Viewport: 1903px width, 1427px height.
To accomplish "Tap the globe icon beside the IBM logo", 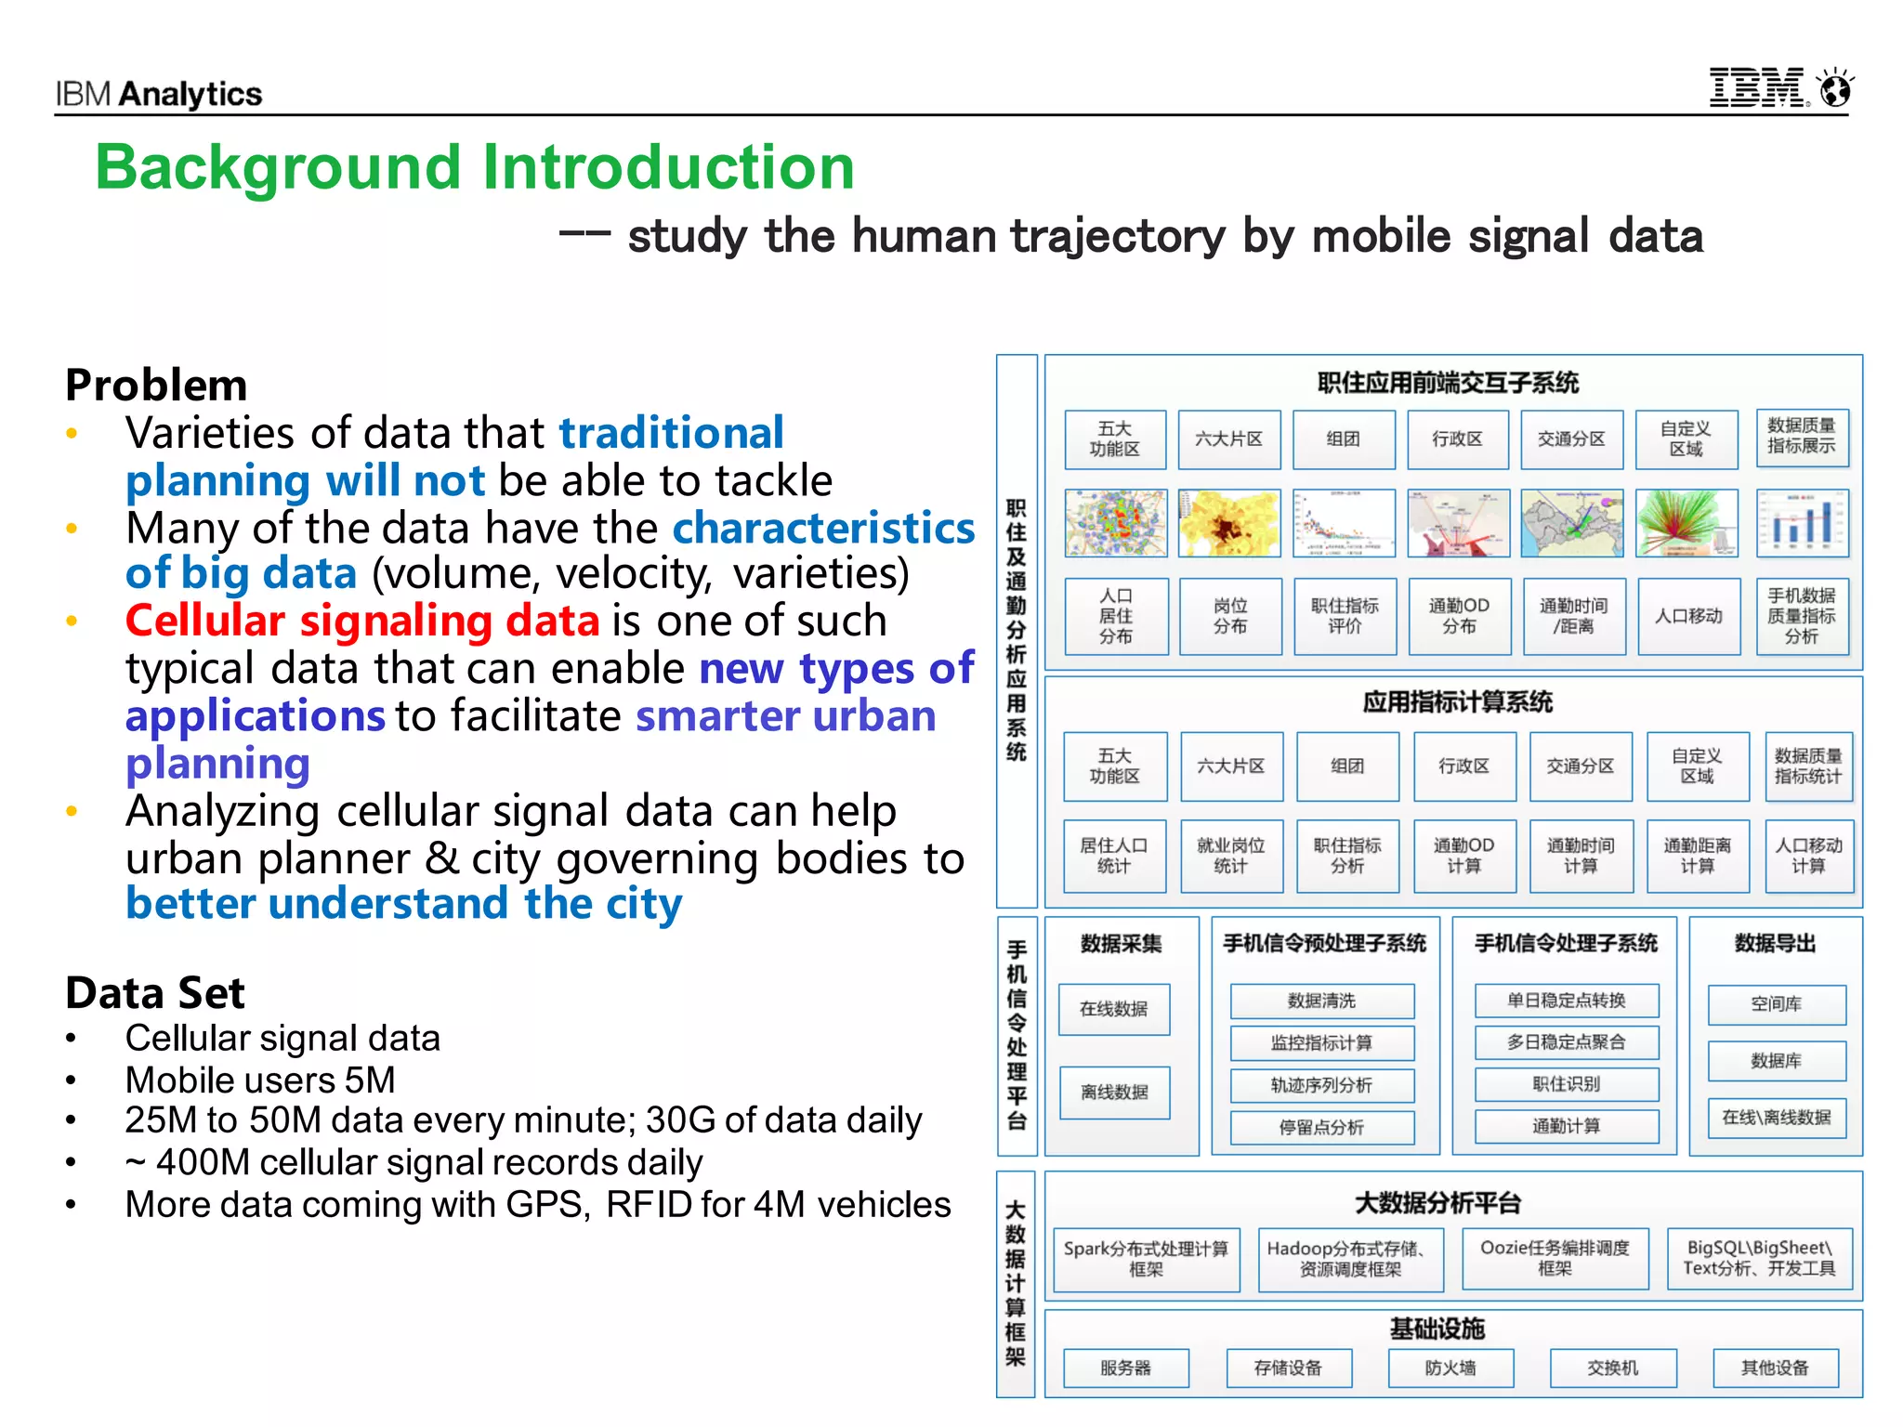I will tap(1836, 89).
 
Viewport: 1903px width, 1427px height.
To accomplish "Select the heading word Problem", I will tap(156, 385).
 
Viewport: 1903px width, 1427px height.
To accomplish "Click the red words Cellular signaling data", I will tap(362, 621).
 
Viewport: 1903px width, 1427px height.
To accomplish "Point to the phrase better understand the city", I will tap(404, 904).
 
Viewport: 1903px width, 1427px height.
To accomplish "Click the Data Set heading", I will tap(155, 993).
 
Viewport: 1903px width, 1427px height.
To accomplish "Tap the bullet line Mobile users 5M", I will tap(260, 1080).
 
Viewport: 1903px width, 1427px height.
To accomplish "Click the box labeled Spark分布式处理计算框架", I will tap(1146, 1259).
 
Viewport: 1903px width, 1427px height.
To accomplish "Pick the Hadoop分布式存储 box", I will tap(1350, 1259).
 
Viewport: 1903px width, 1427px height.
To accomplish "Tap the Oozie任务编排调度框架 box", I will tap(1555, 1258).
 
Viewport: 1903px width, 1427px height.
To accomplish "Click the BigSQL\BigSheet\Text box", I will tap(1759, 1258).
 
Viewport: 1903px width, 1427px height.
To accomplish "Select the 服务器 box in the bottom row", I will tap(1125, 1368).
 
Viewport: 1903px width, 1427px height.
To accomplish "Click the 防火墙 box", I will tap(1450, 1368).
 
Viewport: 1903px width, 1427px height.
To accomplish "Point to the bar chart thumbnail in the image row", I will tap(1802, 523).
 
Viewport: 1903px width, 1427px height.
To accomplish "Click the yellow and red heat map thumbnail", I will tap(1228, 523).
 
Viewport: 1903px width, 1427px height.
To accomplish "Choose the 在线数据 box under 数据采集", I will tap(1113, 1009).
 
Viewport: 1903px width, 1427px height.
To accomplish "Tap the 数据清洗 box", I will tap(1321, 1001).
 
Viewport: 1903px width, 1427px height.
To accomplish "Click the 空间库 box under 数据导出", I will tap(1776, 1003).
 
